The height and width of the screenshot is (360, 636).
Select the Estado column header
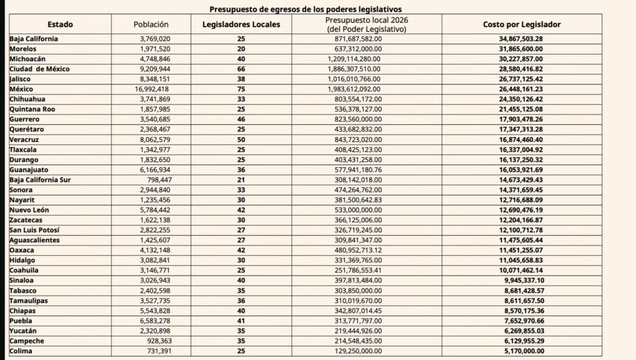tap(60, 24)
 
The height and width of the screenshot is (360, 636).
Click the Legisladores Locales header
tap(246, 24)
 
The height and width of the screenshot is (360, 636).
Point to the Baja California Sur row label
tap(42, 179)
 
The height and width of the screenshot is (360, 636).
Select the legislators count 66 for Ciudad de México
tap(240, 69)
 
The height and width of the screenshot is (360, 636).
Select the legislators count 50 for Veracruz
tap(240, 139)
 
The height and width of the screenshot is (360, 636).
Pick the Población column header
tap(151, 24)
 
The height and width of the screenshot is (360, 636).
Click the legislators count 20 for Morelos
tap(240, 48)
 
